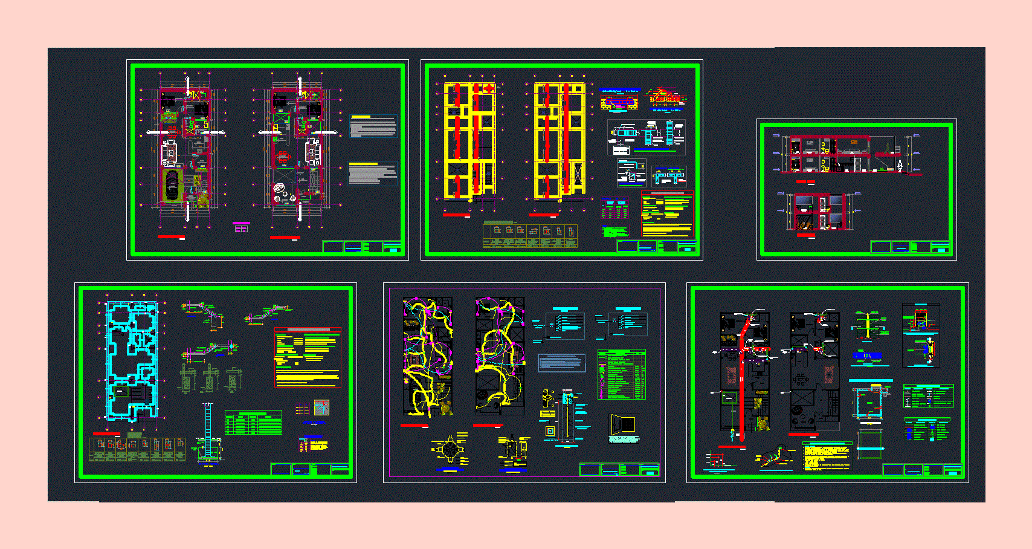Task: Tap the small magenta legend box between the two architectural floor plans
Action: tap(241, 227)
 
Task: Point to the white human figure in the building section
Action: tap(900, 164)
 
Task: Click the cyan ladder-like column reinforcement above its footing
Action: tap(208, 423)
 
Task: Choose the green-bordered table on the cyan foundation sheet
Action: tap(253, 423)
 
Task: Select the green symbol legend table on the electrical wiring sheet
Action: tap(622, 374)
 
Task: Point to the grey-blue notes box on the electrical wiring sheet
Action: tap(561, 363)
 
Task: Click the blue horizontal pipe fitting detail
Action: tap(867, 356)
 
